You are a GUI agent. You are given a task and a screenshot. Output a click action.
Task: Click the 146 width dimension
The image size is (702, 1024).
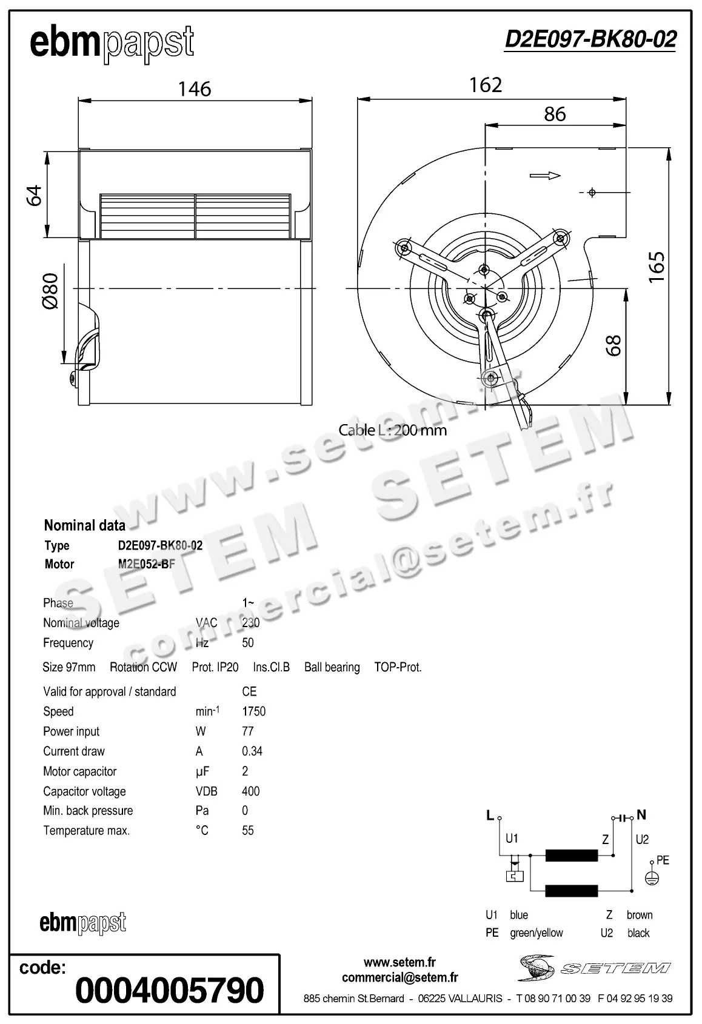click(195, 89)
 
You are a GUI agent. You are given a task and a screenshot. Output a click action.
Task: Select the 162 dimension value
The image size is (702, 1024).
click(486, 85)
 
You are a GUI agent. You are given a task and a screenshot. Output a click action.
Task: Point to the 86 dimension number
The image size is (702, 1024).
click(555, 114)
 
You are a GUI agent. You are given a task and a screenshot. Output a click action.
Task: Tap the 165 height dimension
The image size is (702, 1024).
click(657, 266)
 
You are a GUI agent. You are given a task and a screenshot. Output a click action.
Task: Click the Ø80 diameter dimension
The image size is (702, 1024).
click(50, 291)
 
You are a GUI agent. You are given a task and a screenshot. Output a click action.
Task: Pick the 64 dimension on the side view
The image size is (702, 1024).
click(35, 195)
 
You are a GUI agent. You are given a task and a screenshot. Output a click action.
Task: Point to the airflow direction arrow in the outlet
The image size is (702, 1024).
click(544, 176)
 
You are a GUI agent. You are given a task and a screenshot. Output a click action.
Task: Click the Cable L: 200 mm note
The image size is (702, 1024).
click(392, 430)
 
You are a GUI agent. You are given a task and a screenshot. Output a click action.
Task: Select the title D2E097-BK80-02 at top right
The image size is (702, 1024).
click(590, 39)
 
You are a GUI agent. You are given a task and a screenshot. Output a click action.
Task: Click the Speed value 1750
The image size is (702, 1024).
click(253, 711)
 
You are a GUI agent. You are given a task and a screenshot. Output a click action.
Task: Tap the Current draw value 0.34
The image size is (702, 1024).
click(252, 751)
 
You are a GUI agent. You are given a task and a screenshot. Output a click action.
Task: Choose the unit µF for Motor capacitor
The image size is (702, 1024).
click(202, 771)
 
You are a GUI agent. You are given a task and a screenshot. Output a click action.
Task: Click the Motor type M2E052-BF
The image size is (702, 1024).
click(146, 564)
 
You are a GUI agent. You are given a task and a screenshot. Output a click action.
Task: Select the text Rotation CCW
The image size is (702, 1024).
click(143, 667)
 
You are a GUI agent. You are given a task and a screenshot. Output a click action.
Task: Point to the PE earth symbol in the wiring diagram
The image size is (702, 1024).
click(652, 878)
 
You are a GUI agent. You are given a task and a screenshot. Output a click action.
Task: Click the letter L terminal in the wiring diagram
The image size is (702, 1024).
click(490, 816)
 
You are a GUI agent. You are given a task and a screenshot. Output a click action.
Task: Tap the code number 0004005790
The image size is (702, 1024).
click(170, 990)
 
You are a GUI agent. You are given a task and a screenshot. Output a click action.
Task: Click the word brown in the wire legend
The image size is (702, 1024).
click(640, 915)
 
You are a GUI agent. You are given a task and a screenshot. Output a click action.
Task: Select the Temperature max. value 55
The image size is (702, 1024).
click(247, 831)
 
